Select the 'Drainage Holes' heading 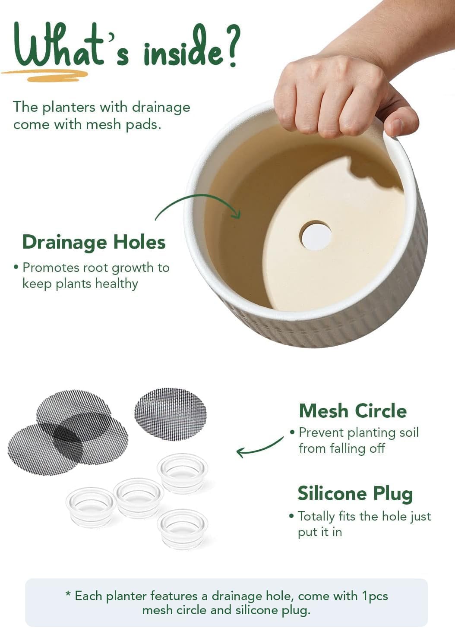click(x=94, y=242)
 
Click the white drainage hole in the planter click(x=316, y=236)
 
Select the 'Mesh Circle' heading click(x=353, y=411)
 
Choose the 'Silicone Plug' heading click(x=355, y=493)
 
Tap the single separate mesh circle click(x=171, y=414)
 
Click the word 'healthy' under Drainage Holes click(x=117, y=284)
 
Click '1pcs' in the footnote click(x=375, y=596)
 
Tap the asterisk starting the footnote click(x=68, y=595)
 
